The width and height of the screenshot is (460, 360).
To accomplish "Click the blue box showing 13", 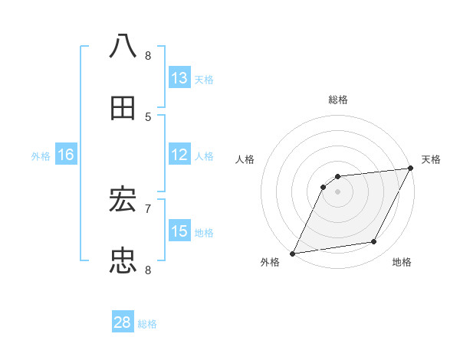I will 179,77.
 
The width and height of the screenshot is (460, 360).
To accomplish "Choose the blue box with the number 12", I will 179,154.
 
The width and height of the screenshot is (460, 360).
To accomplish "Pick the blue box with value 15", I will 179,231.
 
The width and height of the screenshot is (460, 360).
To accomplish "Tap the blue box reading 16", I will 66,154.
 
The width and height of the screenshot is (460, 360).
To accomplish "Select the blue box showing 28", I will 123,322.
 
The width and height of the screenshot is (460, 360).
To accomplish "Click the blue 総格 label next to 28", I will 147,324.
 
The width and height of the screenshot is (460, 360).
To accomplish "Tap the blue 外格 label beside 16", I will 41,156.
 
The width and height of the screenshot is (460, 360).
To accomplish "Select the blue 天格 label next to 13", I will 204,80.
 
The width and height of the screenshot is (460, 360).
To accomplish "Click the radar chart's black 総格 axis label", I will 337,100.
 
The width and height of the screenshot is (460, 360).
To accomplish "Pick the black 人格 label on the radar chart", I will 245,159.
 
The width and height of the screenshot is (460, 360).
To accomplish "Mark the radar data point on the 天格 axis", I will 411,169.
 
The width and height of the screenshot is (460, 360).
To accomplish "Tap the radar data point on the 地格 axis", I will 374,242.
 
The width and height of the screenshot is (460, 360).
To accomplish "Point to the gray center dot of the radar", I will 337,191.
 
